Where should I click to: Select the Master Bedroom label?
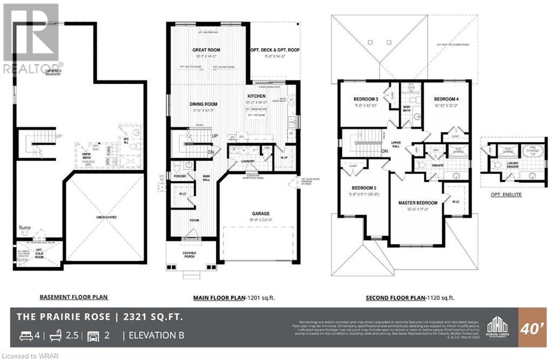pyautogui.click(x=417, y=202)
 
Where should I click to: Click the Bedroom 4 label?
pyautogui.click(x=446, y=99)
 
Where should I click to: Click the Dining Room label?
pyautogui.click(x=204, y=104)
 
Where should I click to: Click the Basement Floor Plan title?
pyautogui.click(x=74, y=297)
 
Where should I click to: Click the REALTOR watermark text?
pyautogui.click(x=30, y=69)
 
